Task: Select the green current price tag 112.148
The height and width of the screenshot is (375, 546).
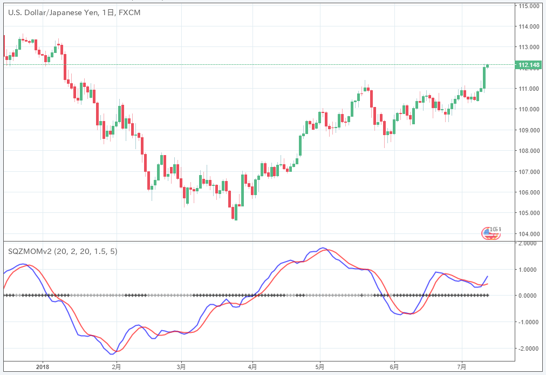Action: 528,65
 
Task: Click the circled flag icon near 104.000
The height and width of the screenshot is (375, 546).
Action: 492,232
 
